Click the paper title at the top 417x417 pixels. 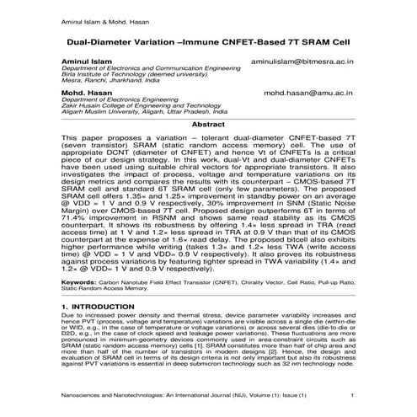click(x=208, y=39)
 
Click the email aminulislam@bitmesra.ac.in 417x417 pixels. click(x=302, y=63)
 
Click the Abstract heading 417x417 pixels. click(x=208, y=123)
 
